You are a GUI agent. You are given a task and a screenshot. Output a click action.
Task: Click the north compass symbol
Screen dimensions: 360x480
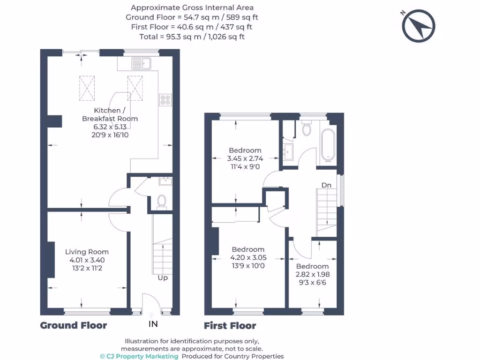[419, 26]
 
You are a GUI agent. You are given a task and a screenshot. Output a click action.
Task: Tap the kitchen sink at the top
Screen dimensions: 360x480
[140, 63]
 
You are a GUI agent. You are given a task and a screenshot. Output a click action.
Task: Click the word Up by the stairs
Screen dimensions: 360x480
[162, 277]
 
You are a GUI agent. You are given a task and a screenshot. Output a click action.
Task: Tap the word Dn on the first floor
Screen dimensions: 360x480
[326, 185]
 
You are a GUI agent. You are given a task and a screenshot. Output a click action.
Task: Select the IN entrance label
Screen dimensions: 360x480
[153, 324]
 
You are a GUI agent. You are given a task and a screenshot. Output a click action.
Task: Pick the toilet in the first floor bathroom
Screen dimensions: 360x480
[307, 128]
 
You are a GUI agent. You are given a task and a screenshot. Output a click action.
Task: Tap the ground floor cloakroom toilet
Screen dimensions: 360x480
[161, 201]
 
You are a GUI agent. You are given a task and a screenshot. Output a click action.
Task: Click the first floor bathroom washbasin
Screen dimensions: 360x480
[289, 151]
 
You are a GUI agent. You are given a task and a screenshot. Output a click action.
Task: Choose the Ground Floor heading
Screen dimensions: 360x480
[74, 325]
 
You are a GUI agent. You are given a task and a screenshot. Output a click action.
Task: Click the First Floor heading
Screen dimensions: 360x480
[230, 326]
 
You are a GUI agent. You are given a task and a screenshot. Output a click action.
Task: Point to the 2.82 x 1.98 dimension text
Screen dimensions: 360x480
[312, 274]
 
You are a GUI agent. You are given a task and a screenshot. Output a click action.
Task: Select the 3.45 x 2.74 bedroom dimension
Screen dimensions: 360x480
[245, 158]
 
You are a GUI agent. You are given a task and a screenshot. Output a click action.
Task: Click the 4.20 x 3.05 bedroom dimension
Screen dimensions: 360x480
[248, 257]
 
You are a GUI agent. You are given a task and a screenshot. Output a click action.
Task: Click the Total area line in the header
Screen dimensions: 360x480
[192, 36]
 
